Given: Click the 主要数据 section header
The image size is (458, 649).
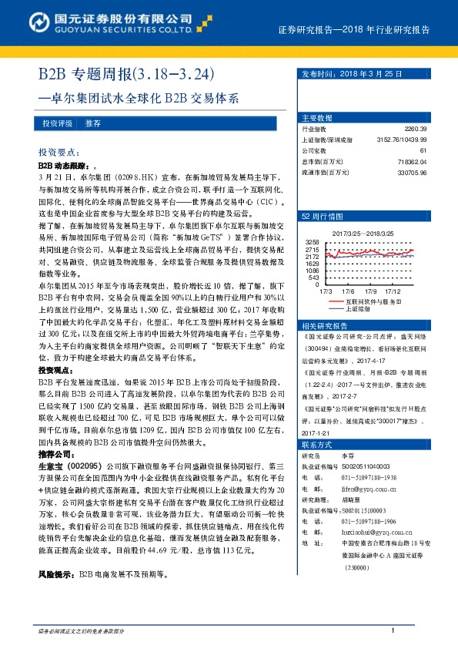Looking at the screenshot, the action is (317, 118).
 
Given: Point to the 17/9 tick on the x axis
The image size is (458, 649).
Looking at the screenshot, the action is (370, 291).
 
